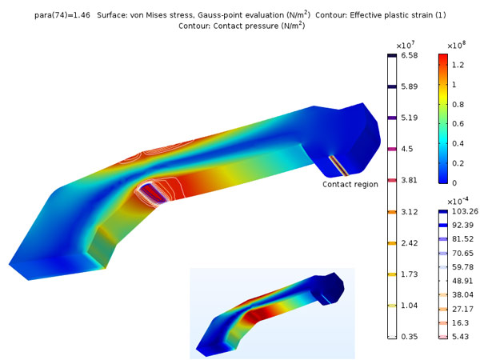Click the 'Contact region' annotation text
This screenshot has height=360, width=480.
pyautogui.click(x=350, y=184)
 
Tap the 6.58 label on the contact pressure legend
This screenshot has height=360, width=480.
pyautogui.click(x=410, y=55)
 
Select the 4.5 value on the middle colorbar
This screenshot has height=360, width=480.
pyautogui.click(x=407, y=149)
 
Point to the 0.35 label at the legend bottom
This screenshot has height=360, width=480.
pyautogui.click(x=410, y=337)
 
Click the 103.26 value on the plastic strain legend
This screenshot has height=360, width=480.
pyautogui.click(x=465, y=211)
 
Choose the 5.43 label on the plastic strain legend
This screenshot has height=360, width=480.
pyautogui.click(x=461, y=337)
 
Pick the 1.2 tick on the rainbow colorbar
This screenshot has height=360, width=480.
pyautogui.click(x=458, y=65)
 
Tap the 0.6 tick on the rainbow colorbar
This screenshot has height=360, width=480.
pyautogui.click(x=458, y=124)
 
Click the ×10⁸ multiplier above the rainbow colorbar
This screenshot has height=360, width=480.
pyautogui.click(x=456, y=46)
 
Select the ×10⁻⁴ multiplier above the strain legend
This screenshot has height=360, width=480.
pyautogui.click(x=458, y=202)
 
